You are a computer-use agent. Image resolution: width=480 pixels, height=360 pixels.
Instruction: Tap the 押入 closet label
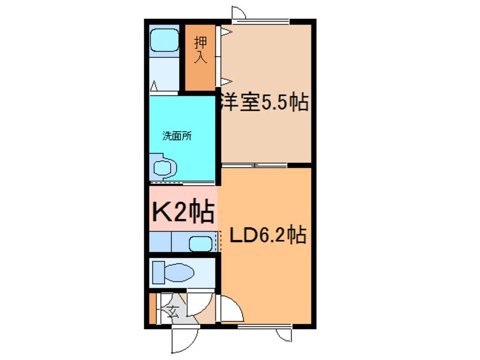(200, 50)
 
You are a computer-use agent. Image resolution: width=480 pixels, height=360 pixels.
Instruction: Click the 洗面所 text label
(176, 136)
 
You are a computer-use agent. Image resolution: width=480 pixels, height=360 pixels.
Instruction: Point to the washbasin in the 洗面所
(164, 168)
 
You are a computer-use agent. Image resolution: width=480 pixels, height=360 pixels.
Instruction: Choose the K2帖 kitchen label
(183, 211)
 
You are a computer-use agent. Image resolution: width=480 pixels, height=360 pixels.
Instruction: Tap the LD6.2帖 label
(268, 235)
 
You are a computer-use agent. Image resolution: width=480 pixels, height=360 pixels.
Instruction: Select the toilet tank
(157, 271)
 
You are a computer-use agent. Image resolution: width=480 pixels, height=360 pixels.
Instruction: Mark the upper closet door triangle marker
(225, 32)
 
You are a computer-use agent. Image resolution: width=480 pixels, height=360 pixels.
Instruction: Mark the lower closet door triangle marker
(225, 80)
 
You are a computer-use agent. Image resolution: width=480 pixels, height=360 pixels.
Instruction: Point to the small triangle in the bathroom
(154, 87)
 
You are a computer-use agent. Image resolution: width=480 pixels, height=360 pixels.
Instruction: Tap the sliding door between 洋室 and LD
(255, 165)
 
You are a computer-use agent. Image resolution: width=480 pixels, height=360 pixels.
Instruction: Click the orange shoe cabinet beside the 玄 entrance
(151, 308)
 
